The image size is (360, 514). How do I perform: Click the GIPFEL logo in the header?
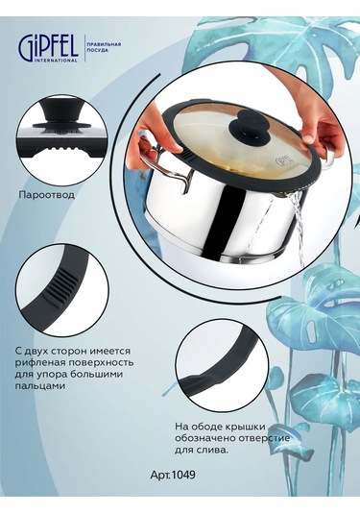tap(48, 48)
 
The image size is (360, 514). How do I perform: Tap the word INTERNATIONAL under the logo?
tap(56, 61)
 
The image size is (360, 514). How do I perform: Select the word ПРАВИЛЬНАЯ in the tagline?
tap(103, 44)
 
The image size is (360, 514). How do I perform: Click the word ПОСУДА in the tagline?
tap(97, 51)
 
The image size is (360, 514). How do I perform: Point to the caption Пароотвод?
tap(47, 195)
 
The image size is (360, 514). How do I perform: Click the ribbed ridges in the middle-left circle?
tap(59, 282)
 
